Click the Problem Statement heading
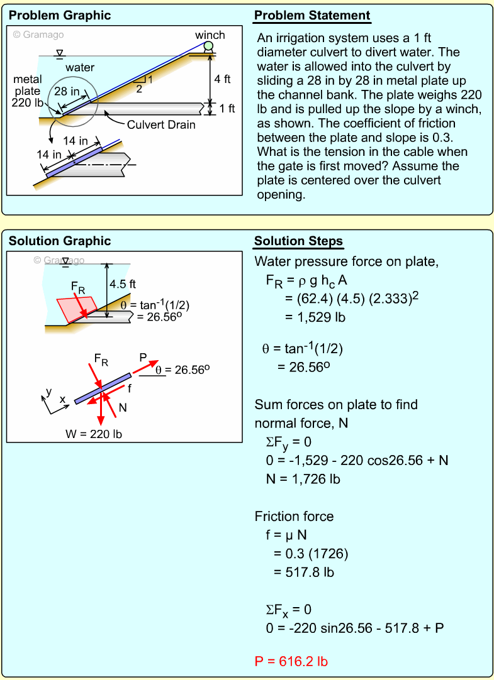[312, 16]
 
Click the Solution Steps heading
[298, 241]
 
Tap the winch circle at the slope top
[208, 45]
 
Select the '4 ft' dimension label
[222, 79]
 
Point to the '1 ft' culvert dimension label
[227, 108]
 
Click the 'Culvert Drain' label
[161, 124]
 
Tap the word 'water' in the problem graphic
[80, 67]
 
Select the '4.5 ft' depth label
[123, 284]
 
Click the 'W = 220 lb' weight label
[94, 433]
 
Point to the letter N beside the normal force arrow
[122, 407]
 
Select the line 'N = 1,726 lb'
[303, 479]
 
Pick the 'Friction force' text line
[294, 517]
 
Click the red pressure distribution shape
[76, 308]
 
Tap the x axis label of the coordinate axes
[62, 400]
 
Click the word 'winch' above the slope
[210, 35]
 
